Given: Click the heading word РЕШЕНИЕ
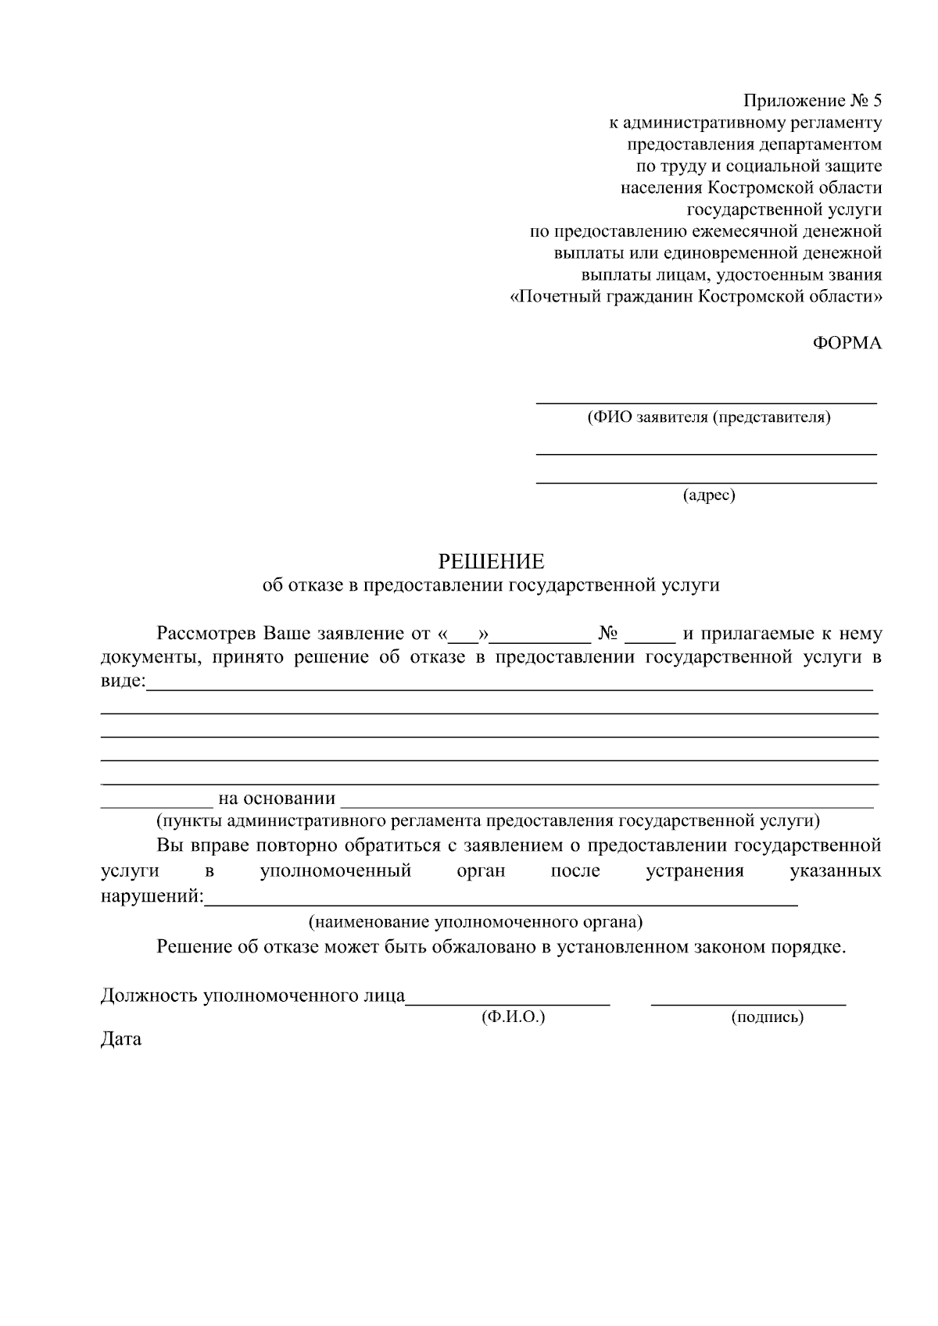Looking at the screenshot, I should coord(490,562).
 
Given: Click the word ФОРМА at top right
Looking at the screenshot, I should coord(847,343).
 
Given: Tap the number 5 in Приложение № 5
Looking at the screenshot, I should coord(876,101).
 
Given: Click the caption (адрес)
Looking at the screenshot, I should coord(709,495).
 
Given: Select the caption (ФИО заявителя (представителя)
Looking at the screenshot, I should coord(709,417).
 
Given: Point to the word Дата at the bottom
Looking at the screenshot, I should coord(121,1039).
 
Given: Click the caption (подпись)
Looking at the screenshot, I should coord(767,1017).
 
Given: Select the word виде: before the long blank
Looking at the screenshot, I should coord(124,681).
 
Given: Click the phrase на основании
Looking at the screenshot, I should coord(277,799).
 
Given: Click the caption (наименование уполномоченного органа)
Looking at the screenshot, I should coord(475,922).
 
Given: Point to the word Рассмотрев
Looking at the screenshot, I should coord(206,633).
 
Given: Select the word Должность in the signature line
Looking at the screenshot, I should coord(149,995).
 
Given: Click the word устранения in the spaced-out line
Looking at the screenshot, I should coord(694,870).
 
